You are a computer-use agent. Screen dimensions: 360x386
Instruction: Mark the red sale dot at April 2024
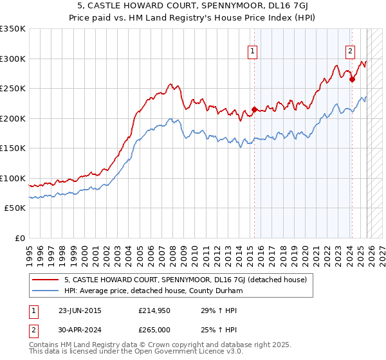pos(352,80)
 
